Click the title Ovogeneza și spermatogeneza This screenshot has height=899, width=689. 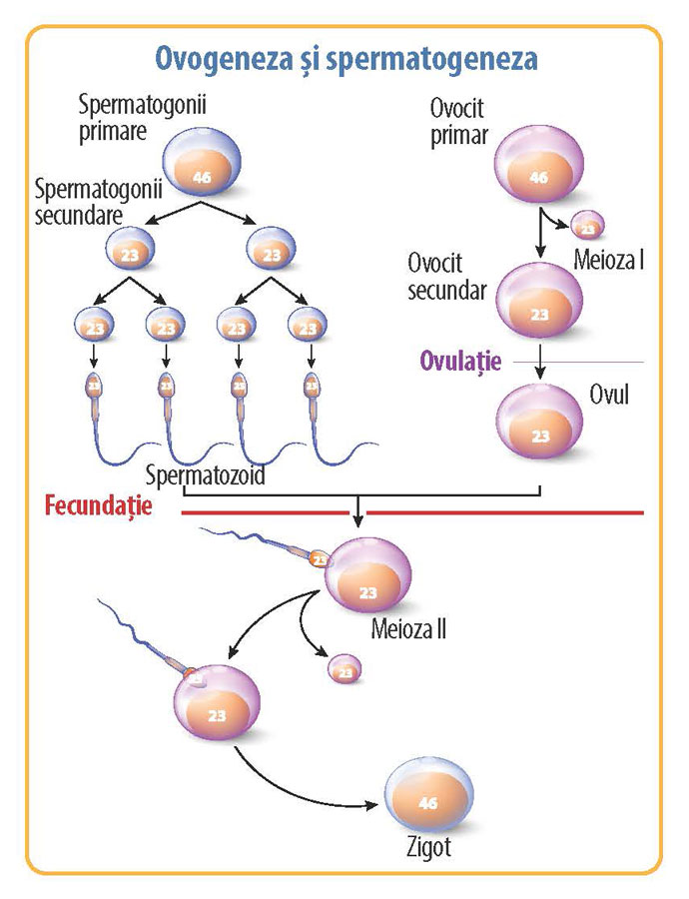click(x=344, y=58)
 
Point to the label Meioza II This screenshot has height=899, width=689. click(x=407, y=630)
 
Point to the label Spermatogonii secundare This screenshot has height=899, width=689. click(x=84, y=200)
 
